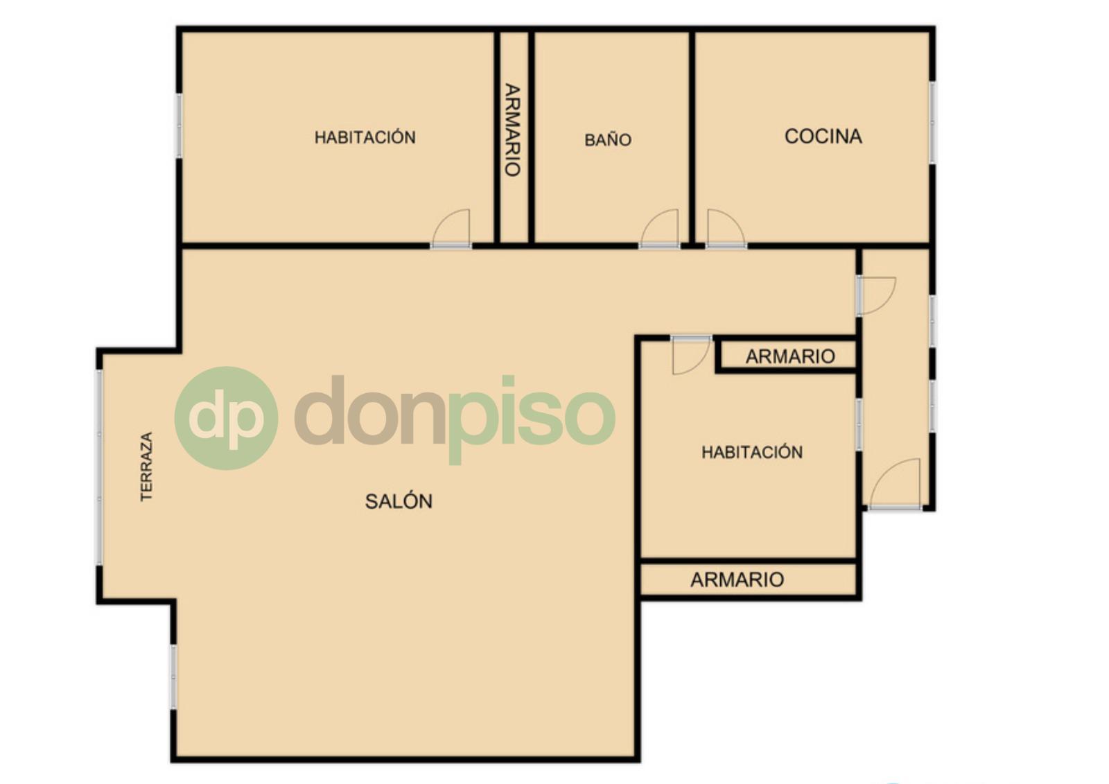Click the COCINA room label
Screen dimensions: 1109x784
823,136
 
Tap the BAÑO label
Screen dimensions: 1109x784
608,139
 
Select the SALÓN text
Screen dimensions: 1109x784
399,501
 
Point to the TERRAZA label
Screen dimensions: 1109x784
146,467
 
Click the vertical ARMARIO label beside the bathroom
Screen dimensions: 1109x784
512,130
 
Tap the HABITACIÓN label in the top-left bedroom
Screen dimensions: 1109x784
365,137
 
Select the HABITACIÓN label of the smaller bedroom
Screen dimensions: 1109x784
752,452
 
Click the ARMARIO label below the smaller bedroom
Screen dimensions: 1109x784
737,580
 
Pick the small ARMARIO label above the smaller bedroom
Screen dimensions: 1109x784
790,356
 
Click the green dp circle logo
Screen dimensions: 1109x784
226,418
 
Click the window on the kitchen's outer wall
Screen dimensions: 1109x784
932,123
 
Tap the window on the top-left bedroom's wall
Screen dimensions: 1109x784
180,125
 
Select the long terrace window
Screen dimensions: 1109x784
99,467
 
